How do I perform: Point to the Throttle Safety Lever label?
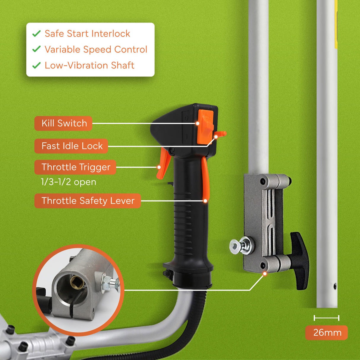click(88, 201)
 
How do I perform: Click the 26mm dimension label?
click(327, 333)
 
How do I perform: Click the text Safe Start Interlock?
click(87, 34)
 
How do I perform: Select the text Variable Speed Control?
click(96, 50)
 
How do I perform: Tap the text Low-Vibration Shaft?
click(89, 65)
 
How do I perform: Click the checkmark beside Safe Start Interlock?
click(36, 34)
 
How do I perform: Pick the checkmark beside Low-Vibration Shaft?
click(36, 65)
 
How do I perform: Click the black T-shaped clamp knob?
click(300, 261)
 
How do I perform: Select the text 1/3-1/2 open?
click(68, 182)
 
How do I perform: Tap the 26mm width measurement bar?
click(326, 318)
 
